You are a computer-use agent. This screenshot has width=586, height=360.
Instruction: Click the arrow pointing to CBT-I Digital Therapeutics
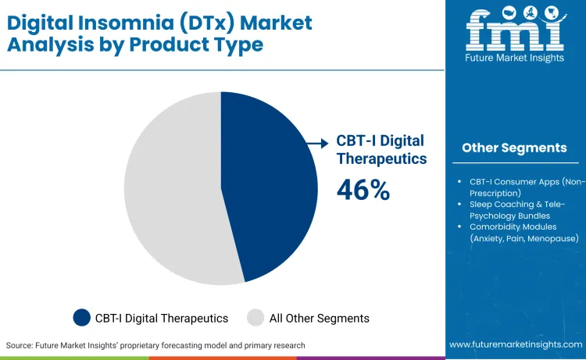point(317,143)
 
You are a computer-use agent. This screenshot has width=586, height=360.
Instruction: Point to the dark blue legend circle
point(81,318)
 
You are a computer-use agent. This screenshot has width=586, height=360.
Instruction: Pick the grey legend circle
point(255,318)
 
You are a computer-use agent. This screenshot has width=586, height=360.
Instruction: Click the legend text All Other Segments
point(319,318)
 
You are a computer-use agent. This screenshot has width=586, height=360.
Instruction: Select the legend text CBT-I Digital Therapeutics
point(162,318)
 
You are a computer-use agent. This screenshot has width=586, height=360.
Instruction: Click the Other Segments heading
point(514,148)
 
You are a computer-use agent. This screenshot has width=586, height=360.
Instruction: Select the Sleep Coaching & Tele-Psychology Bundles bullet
point(520,209)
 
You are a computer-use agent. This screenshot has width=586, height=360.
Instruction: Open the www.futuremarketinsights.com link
point(516,344)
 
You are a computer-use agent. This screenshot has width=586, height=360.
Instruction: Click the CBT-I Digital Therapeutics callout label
point(381,149)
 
